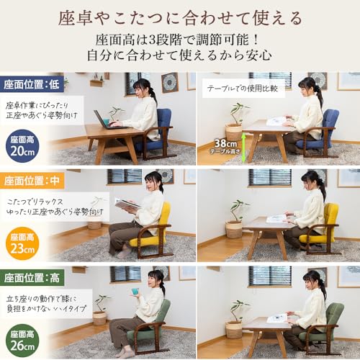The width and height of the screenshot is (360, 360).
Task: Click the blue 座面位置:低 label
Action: [32, 84]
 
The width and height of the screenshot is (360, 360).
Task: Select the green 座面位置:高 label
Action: [32, 276]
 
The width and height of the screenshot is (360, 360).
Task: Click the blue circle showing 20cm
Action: [22, 145]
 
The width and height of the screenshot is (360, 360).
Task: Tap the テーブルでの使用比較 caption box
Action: [243, 89]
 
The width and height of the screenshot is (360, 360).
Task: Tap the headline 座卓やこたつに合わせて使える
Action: [180, 16]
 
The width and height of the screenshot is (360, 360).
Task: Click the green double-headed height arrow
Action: [243, 147]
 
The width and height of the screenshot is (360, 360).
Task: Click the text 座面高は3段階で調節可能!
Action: [180, 39]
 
